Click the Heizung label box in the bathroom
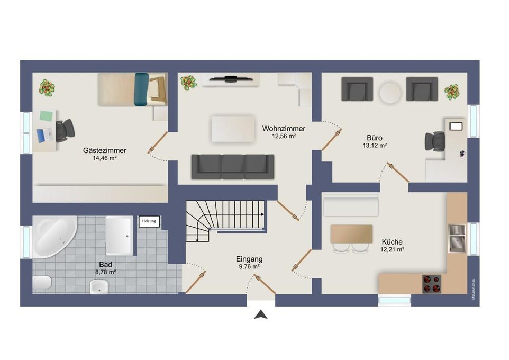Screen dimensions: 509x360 point(149,221)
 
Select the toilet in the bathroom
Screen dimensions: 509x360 point(42,282)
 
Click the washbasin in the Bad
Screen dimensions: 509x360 point(99,286)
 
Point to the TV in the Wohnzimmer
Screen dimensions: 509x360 point(231,78)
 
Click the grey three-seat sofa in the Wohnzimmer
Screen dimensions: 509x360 point(233,166)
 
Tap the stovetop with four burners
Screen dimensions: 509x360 point(432,284)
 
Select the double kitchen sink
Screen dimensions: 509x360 point(457,238)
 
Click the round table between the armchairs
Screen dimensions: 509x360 point(390,93)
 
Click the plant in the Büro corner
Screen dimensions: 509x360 point(452,92)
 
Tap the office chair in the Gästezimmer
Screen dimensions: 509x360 point(65,130)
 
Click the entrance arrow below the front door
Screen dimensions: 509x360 point(261,314)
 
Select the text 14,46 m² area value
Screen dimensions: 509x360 point(105,158)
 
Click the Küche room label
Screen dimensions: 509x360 point(392,242)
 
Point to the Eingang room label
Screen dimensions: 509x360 point(249,259)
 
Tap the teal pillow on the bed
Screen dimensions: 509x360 point(141,89)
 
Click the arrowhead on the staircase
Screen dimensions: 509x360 point(262,214)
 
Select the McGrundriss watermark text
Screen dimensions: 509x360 point(474,289)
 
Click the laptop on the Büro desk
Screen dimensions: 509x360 point(456,126)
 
